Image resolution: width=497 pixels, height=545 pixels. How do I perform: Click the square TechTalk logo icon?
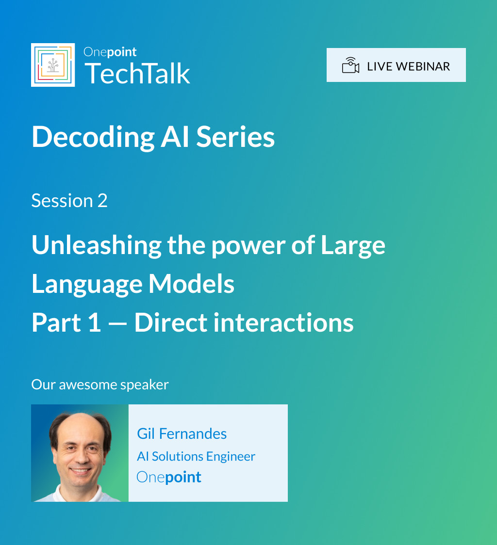tap(53, 65)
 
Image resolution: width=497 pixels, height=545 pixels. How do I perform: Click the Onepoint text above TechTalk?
tap(110, 52)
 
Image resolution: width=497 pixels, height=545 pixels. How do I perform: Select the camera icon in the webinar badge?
tap(350, 65)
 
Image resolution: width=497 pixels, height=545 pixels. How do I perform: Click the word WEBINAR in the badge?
tap(423, 66)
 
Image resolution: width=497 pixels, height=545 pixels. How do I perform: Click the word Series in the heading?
tap(235, 137)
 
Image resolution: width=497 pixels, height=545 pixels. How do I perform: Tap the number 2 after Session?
tap(102, 201)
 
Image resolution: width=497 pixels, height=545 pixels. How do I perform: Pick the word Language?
tap(87, 285)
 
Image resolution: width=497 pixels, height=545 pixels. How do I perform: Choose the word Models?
tap(191, 284)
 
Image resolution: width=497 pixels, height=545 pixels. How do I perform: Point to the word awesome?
tap(88, 385)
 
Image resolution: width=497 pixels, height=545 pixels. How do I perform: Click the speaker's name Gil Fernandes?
tap(182, 434)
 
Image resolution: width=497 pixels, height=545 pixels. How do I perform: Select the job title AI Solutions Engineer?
tap(196, 456)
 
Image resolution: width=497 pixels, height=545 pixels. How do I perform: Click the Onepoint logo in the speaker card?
tap(169, 477)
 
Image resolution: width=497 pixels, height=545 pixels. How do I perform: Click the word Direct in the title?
tap(171, 322)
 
